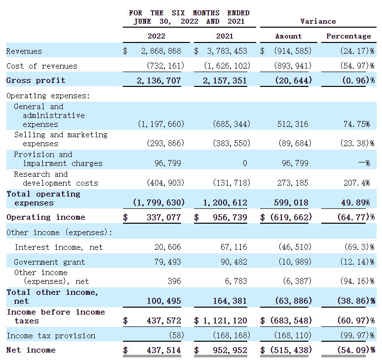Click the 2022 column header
coord(156,36)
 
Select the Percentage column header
coord(348,36)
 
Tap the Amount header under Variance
coord(288,36)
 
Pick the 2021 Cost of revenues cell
coord(227,66)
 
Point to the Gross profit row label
coord(36,80)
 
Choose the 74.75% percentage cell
coord(356,124)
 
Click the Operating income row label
coord(45,217)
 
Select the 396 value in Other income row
coord(174,281)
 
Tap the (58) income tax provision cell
coord(173,336)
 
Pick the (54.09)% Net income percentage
coord(350,350)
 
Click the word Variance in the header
coord(318,21)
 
